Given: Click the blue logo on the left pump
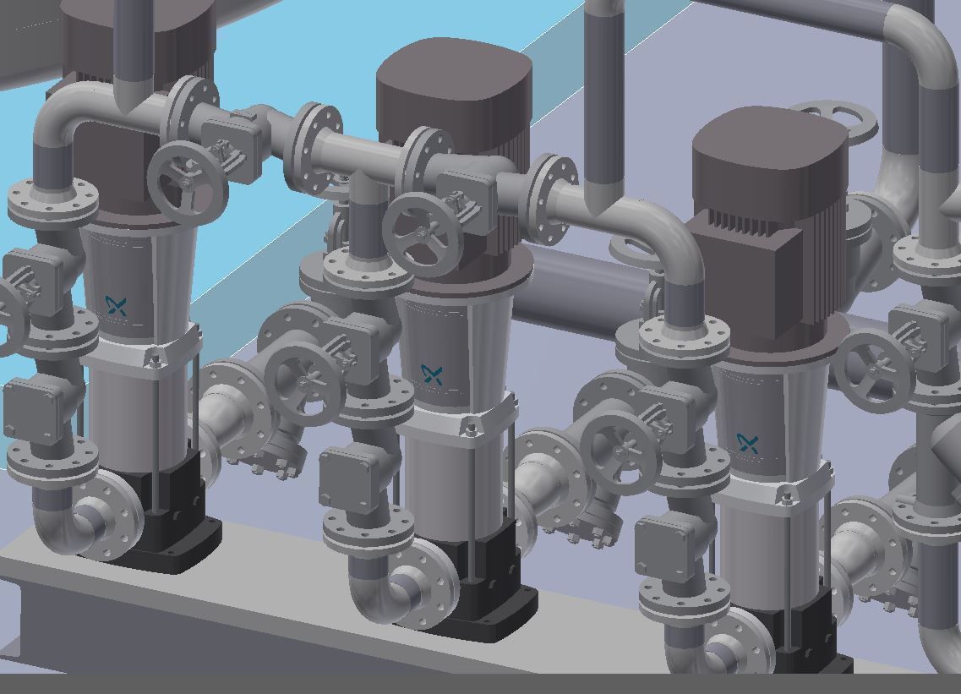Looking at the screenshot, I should pos(117,306).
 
